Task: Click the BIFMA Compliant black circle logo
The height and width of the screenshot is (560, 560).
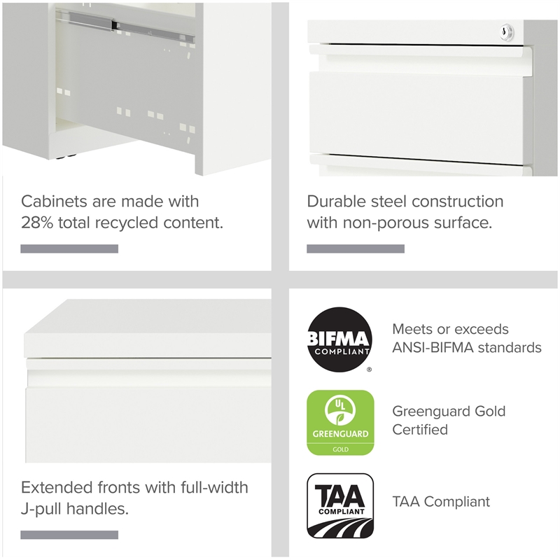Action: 339,339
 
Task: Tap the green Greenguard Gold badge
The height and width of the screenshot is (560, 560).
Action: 340,423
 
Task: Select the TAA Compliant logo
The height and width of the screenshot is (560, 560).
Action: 340,505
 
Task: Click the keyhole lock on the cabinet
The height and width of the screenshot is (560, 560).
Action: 507,31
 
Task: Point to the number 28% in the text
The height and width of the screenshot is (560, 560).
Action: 37,223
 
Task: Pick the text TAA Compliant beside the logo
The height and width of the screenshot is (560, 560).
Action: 441,502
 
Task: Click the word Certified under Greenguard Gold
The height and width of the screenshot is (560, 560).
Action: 420,430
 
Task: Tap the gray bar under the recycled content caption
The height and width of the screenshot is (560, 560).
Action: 69,249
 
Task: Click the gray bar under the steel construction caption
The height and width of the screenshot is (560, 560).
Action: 356,249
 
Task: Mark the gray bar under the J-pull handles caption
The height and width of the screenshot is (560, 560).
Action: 69,535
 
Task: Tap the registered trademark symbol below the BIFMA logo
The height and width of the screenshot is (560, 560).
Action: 370,370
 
